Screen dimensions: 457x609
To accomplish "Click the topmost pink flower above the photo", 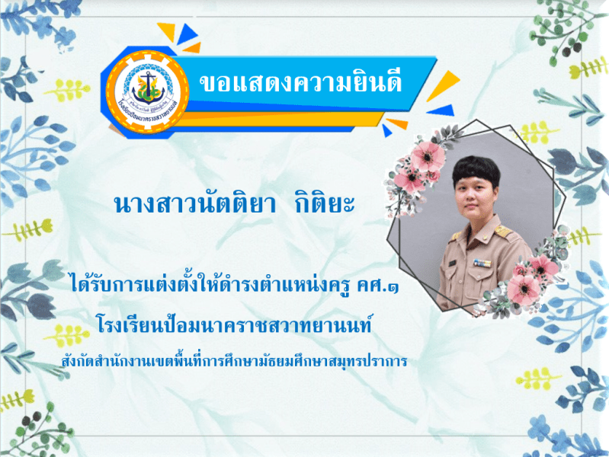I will [428, 155].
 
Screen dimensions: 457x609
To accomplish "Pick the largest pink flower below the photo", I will [524, 288].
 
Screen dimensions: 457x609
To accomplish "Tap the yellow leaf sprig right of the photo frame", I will [571, 236].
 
